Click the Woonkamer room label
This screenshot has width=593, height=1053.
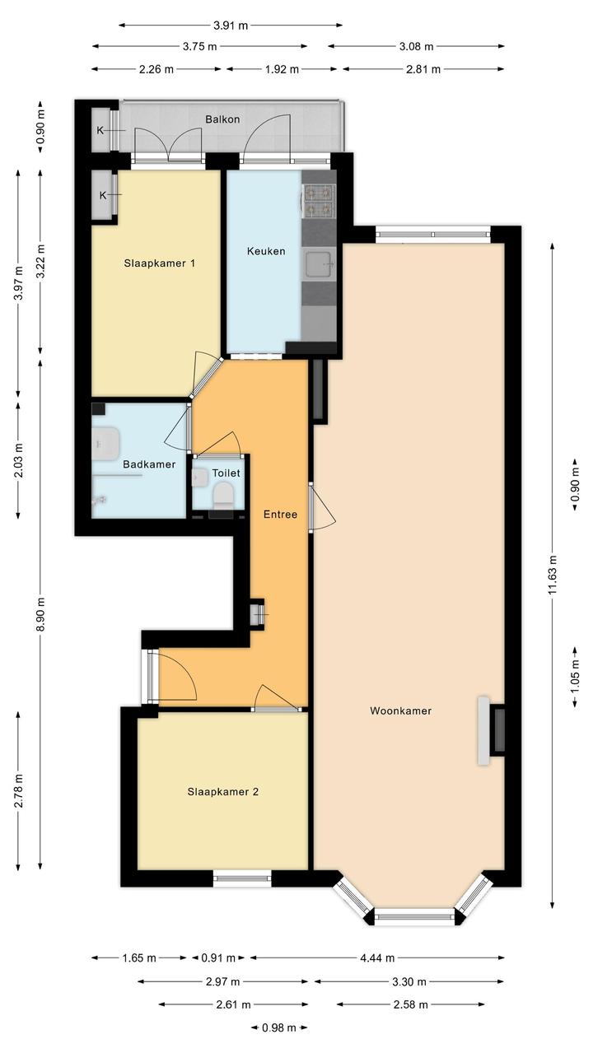click(400, 711)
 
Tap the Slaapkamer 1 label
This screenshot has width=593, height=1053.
click(160, 263)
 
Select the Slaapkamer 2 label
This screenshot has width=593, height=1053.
click(223, 792)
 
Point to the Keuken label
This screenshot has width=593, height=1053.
click(266, 251)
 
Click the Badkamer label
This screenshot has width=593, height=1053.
click(149, 464)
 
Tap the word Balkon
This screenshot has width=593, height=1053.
click(222, 119)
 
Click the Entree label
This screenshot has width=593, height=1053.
click(280, 515)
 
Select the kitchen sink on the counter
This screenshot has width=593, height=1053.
click(320, 264)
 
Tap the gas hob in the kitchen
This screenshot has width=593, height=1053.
click(320, 201)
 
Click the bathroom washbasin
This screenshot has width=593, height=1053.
click(105, 443)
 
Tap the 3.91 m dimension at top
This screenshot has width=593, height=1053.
click(231, 26)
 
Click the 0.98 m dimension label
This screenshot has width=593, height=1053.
click(279, 1027)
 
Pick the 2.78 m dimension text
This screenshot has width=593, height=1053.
click(18, 790)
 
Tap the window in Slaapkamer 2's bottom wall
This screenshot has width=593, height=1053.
click(242, 877)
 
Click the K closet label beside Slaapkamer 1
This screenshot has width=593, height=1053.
click(103, 195)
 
